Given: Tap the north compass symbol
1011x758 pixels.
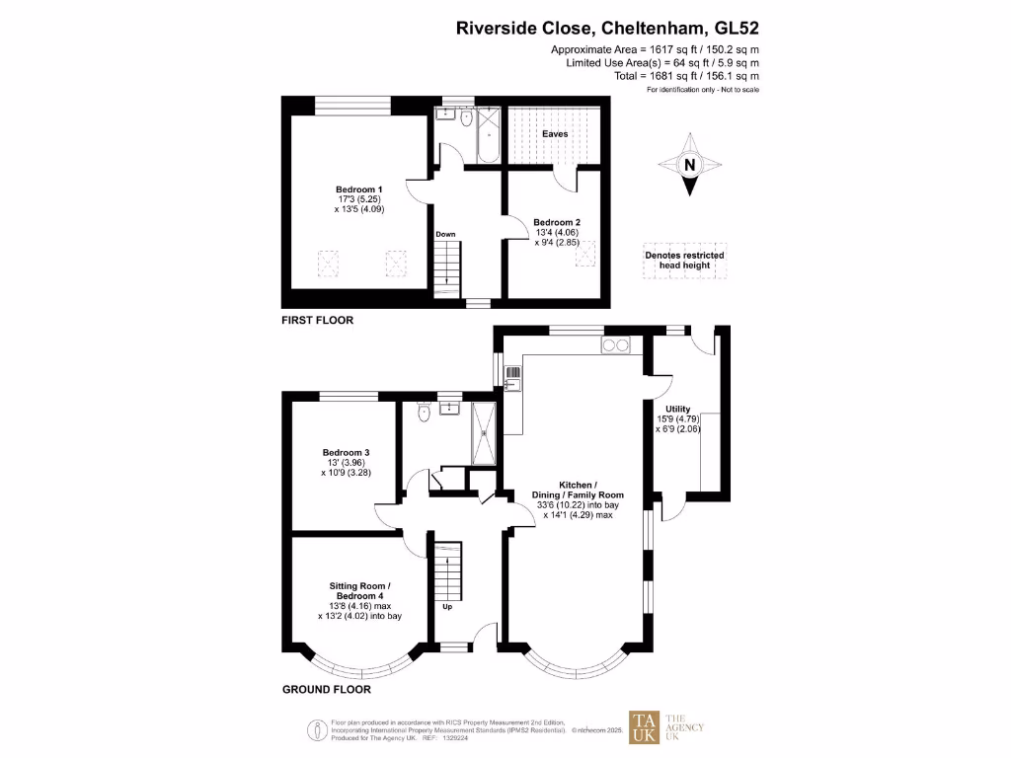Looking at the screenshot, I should [x=690, y=166].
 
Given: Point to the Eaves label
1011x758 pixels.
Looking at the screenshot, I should [x=555, y=133].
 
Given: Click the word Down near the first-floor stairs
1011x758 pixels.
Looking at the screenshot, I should [x=446, y=234].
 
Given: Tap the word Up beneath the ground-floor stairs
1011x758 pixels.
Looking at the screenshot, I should [x=447, y=607].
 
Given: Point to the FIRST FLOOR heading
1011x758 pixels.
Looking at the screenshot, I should [x=317, y=321].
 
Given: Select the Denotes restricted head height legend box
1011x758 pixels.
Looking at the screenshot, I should [x=684, y=261].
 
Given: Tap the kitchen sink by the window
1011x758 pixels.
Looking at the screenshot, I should [x=512, y=377].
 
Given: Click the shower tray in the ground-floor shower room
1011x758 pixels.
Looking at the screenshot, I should [x=486, y=431].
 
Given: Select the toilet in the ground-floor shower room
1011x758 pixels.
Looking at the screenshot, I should [x=423, y=413].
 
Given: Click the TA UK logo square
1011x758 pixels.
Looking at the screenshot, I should [x=646, y=728].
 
